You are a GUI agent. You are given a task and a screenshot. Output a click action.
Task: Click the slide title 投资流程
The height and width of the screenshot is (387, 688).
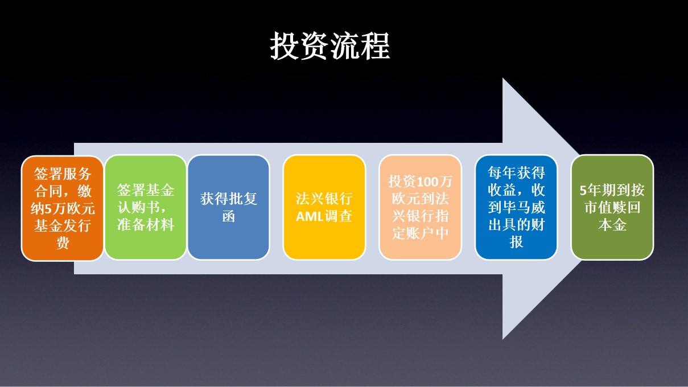pyautogui.click(x=330, y=46)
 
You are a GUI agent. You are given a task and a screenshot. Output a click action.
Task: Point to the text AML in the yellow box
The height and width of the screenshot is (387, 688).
pyautogui.click(x=311, y=216)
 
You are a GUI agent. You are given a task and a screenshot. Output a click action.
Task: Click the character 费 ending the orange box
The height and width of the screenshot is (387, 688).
pyautogui.click(x=63, y=244)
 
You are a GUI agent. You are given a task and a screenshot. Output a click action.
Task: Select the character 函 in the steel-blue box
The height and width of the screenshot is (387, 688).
pyautogui.click(x=228, y=216)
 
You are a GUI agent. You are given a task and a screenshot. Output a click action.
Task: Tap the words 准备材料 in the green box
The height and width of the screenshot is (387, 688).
pyautogui.click(x=146, y=224)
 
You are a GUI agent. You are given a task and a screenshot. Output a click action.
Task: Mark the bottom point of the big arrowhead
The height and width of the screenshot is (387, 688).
pyautogui.click(x=503, y=338)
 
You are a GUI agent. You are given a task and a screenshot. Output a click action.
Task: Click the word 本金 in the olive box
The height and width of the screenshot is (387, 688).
pyautogui.click(x=612, y=225)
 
